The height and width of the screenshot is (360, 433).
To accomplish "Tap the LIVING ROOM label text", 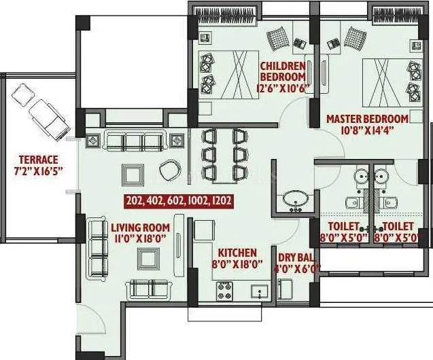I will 141,227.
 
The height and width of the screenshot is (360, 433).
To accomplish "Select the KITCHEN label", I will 237,252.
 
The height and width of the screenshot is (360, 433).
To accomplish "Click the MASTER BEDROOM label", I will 367,119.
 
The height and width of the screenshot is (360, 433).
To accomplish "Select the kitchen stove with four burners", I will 226,291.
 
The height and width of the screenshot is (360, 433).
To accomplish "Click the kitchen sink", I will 259,291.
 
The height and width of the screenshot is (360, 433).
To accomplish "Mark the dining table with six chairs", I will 222,154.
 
